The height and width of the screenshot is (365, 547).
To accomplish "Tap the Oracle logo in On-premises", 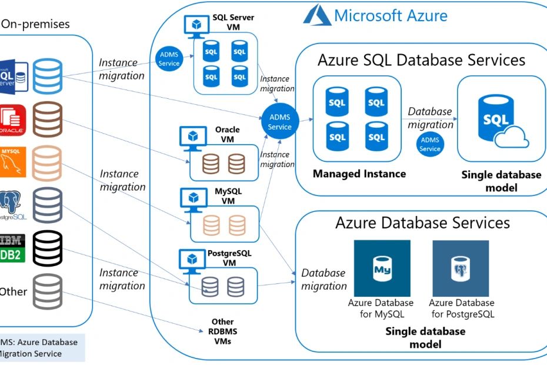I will [12, 119].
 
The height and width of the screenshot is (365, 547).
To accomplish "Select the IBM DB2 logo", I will [12, 248].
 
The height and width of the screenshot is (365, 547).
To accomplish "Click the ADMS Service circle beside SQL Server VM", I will [169, 59].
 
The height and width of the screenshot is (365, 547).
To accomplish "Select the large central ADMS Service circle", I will [279, 122].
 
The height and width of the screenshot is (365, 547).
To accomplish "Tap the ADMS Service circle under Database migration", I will [430, 144].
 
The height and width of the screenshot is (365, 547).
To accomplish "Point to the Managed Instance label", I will [359, 174].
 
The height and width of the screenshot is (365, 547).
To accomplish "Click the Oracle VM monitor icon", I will [192, 137].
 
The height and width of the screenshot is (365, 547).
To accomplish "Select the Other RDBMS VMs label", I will [222, 331].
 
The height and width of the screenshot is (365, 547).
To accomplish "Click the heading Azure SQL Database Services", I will [421, 60].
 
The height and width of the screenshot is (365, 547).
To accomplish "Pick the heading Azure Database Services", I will [422, 223].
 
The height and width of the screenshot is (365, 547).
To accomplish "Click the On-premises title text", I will [35, 24].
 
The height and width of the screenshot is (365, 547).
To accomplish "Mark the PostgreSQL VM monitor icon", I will [192, 260].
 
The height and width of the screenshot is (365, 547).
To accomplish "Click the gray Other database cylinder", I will [48, 291].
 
